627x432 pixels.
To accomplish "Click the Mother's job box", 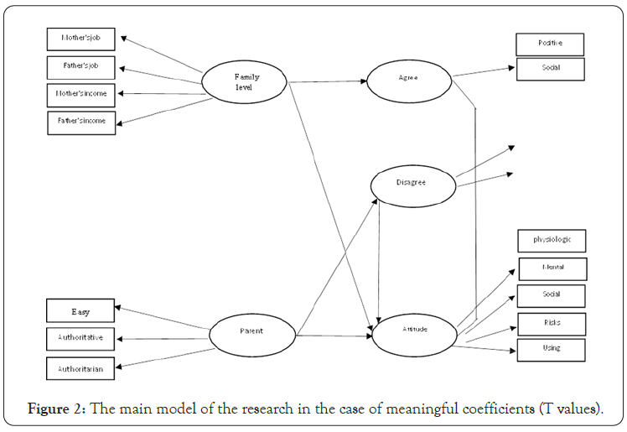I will (80, 39).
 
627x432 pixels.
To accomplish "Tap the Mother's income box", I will (80, 94).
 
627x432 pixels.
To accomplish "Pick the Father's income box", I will (80, 122).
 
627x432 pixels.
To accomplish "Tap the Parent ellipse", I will (251, 331).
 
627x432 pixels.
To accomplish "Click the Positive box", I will (550, 44).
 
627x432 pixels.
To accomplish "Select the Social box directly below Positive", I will (550, 69).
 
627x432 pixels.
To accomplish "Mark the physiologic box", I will (551, 241).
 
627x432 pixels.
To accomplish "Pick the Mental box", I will (552, 268).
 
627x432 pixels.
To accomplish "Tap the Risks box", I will (552, 323).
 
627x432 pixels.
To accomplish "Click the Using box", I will (551, 349).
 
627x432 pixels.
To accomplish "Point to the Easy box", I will (80, 312).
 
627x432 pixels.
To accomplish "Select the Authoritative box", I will (80, 340).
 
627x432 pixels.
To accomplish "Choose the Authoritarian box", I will (80, 367).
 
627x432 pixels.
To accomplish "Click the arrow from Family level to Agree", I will (327, 81).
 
